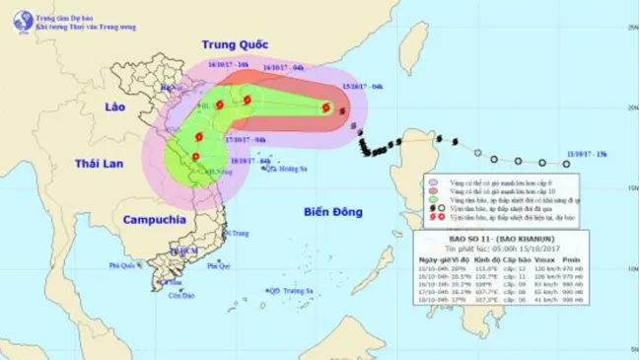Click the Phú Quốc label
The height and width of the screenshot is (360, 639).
coord(122,265)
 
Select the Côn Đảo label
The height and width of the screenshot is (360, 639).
coord(178,295)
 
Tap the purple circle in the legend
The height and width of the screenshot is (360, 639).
coord(432,181)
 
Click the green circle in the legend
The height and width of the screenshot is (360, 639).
coord(432,198)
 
